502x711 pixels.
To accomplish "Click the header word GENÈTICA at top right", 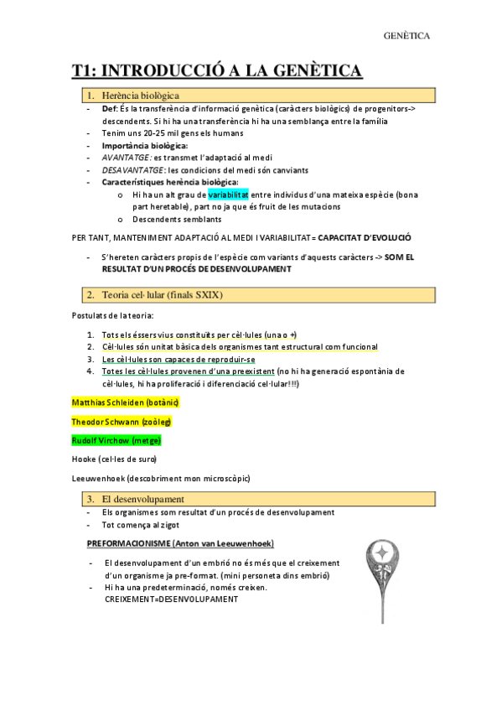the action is (406, 36).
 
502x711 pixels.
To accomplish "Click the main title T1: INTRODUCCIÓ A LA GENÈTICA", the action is (216, 71).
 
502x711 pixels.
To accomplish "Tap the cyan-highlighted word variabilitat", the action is (229, 195).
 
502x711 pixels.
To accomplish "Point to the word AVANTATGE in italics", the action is (126, 157).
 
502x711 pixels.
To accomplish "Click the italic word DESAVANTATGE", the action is (132, 169).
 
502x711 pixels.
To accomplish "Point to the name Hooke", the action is (85, 459).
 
